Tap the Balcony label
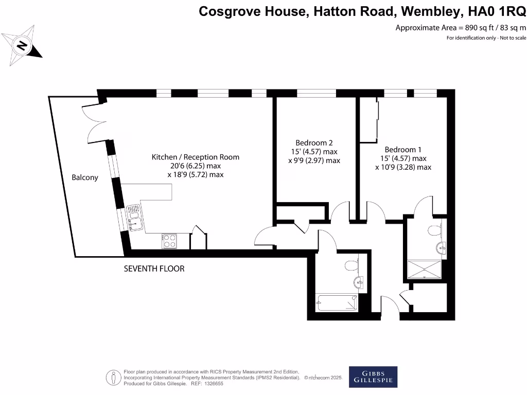tap(84, 177)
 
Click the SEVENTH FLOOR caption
tap(154, 268)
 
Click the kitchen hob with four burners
tap(169, 241)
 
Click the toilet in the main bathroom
tap(352, 265)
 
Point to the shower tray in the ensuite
tap(424, 269)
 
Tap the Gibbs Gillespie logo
tap(373, 377)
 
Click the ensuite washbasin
tap(442, 248)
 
